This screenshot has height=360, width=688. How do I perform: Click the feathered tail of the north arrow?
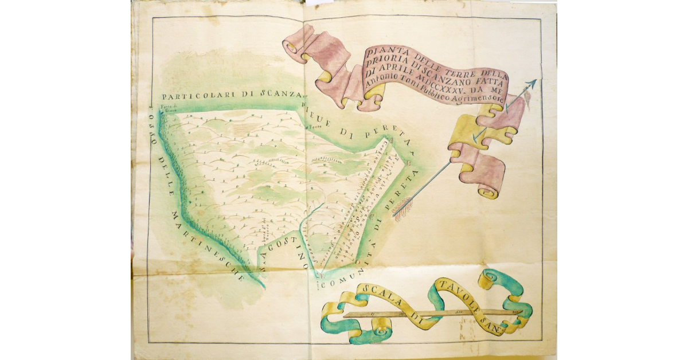[x=402, y=210]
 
